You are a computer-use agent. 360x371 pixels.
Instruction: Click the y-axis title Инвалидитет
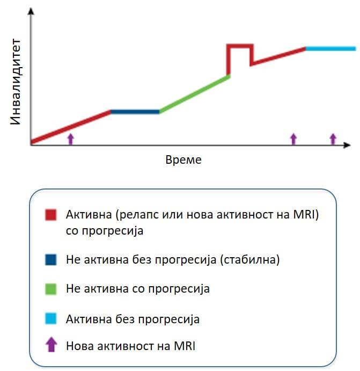(x=16, y=82)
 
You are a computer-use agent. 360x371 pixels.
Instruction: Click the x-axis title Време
(x=183, y=160)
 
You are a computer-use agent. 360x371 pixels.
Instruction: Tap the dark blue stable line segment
(x=135, y=112)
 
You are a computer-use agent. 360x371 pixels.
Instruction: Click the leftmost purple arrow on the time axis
(x=70, y=139)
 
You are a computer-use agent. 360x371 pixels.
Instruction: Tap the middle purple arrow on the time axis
(x=293, y=139)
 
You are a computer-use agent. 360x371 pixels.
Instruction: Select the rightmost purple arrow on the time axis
(x=333, y=139)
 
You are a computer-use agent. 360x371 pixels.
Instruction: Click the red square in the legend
(x=50, y=216)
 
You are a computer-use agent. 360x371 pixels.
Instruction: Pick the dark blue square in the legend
(x=50, y=260)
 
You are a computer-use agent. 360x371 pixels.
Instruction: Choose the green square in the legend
(x=50, y=289)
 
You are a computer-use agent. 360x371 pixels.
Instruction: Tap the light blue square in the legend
(x=50, y=319)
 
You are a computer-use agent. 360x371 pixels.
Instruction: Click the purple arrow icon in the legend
(x=50, y=345)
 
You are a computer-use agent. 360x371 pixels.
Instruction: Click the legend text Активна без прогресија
(x=133, y=319)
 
